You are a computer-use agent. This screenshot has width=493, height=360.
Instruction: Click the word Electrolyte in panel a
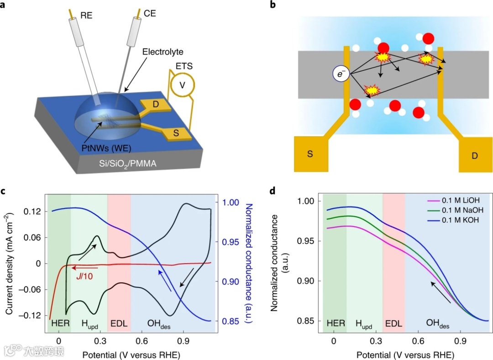click(162, 52)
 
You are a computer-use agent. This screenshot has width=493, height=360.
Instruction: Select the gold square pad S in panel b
click(310, 154)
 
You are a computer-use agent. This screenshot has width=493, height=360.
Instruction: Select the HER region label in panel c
click(59, 324)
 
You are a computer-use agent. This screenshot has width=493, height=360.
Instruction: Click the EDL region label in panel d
click(393, 323)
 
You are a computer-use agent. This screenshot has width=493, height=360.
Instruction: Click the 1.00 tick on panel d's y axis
click(307, 201)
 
